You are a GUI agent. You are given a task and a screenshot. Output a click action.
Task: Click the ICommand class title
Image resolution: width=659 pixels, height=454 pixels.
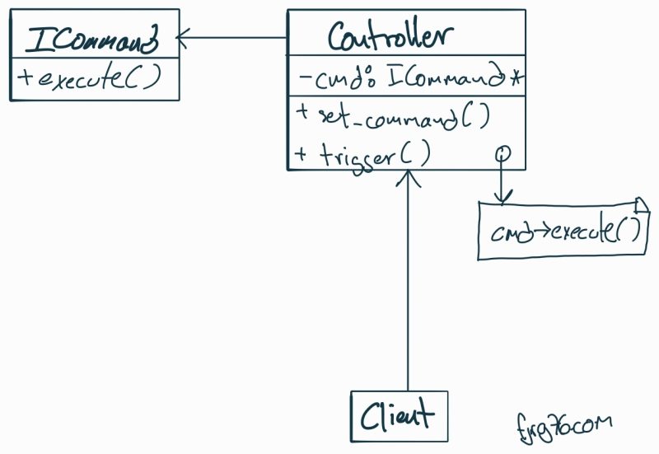point(93,39)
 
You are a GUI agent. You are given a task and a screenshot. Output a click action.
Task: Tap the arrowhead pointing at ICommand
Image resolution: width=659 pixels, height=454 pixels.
point(184,36)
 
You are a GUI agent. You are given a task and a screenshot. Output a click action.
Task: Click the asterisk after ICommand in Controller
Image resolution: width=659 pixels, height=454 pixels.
point(516,80)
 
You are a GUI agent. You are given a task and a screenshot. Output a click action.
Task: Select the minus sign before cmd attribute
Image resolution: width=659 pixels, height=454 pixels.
point(304,80)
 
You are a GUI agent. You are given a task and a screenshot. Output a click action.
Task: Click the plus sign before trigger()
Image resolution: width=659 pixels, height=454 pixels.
point(299,154)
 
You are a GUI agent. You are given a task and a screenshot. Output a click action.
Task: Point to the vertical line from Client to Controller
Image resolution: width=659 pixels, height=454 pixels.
point(407,288)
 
